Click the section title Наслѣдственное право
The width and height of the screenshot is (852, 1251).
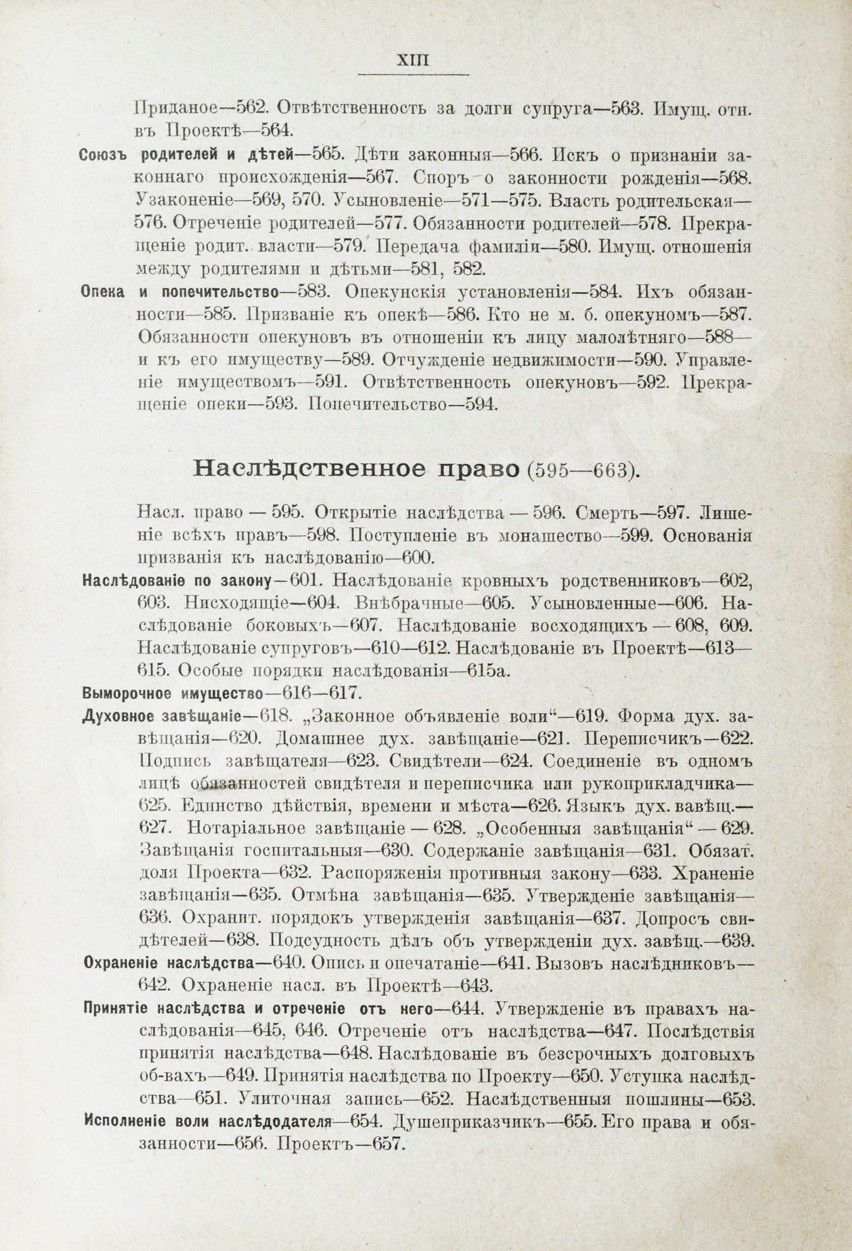355,470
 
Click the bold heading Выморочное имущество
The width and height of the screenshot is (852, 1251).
173,693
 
